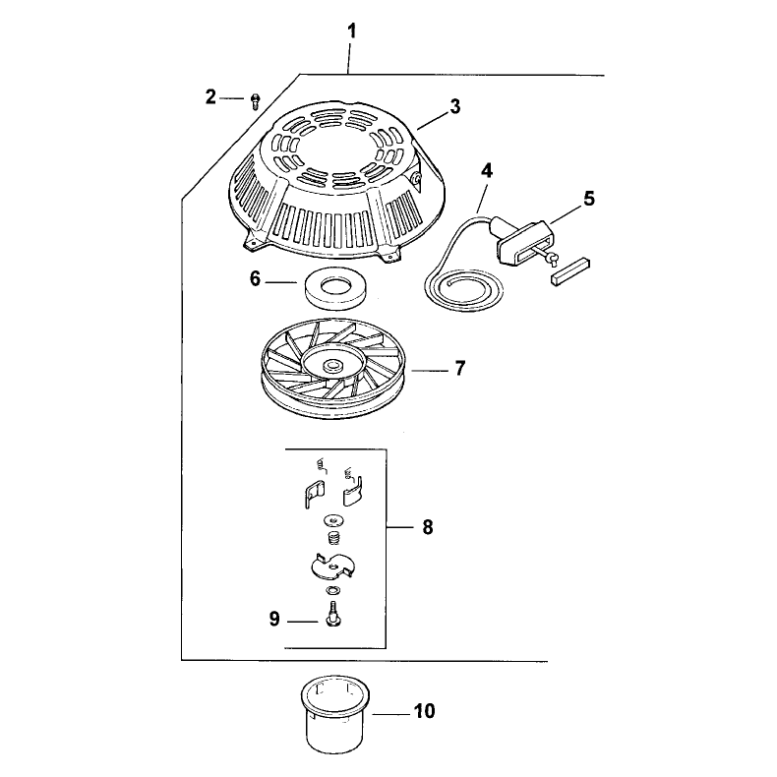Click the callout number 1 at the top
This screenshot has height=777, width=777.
(352, 31)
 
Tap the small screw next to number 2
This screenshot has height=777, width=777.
(255, 101)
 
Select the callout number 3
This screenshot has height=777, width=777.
(455, 106)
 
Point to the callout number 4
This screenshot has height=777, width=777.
(487, 171)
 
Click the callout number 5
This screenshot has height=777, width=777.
(589, 199)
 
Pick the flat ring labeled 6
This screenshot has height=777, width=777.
(334, 290)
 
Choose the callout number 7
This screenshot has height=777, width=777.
(460, 369)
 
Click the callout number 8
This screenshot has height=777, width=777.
(428, 527)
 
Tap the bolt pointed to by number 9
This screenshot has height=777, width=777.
(331, 613)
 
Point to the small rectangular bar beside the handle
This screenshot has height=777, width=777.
(570, 269)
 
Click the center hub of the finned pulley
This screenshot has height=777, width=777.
(331, 367)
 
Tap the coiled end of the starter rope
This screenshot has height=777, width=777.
(463, 290)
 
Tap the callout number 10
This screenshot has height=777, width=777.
(424, 711)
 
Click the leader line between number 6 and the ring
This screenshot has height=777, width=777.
(280, 282)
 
